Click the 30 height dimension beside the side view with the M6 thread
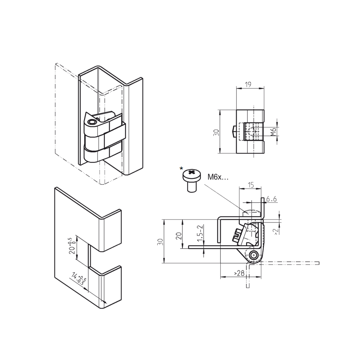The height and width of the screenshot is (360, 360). tap(216, 132)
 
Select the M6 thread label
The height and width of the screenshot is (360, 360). tap(274, 132)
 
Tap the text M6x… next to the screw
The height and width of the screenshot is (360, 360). tap(218, 177)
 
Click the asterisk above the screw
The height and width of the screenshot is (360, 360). tap(181, 168)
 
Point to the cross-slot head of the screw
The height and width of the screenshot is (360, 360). tap(191, 175)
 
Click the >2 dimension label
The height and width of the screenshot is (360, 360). tap(276, 231)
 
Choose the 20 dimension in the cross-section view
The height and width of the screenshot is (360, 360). tap(178, 236)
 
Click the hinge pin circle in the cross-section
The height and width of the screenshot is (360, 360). tap(255, 255)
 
